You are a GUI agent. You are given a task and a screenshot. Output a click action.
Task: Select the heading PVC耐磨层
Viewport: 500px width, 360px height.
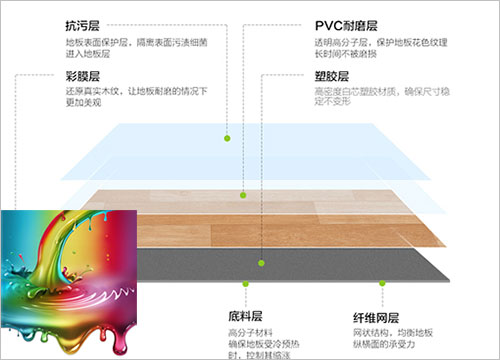point(345,23)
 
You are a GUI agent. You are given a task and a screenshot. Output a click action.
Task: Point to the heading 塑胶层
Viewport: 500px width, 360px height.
point(331,75)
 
